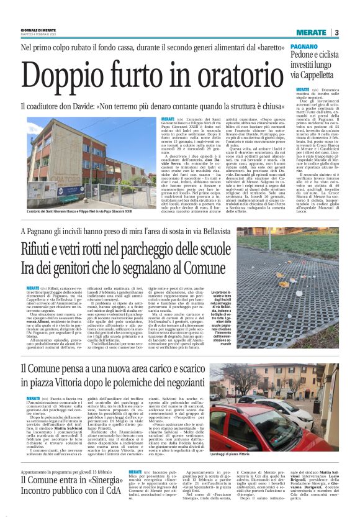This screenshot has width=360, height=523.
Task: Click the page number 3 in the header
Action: [x=336, y=32]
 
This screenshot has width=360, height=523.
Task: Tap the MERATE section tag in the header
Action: [x=310, y=32]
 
